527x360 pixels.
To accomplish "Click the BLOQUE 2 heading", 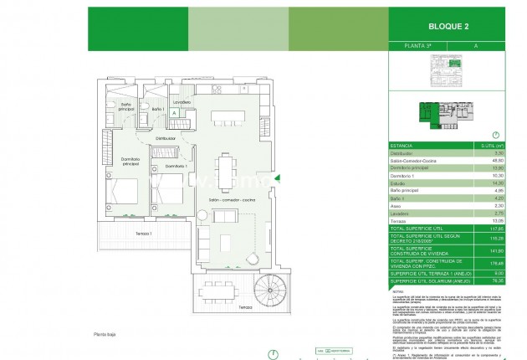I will click(453, 25).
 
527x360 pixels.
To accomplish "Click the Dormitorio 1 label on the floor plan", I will click(175, 167).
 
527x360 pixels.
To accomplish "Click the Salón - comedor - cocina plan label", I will click(228, 202).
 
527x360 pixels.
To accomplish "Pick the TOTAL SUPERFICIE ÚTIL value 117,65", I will click(498, 228).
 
